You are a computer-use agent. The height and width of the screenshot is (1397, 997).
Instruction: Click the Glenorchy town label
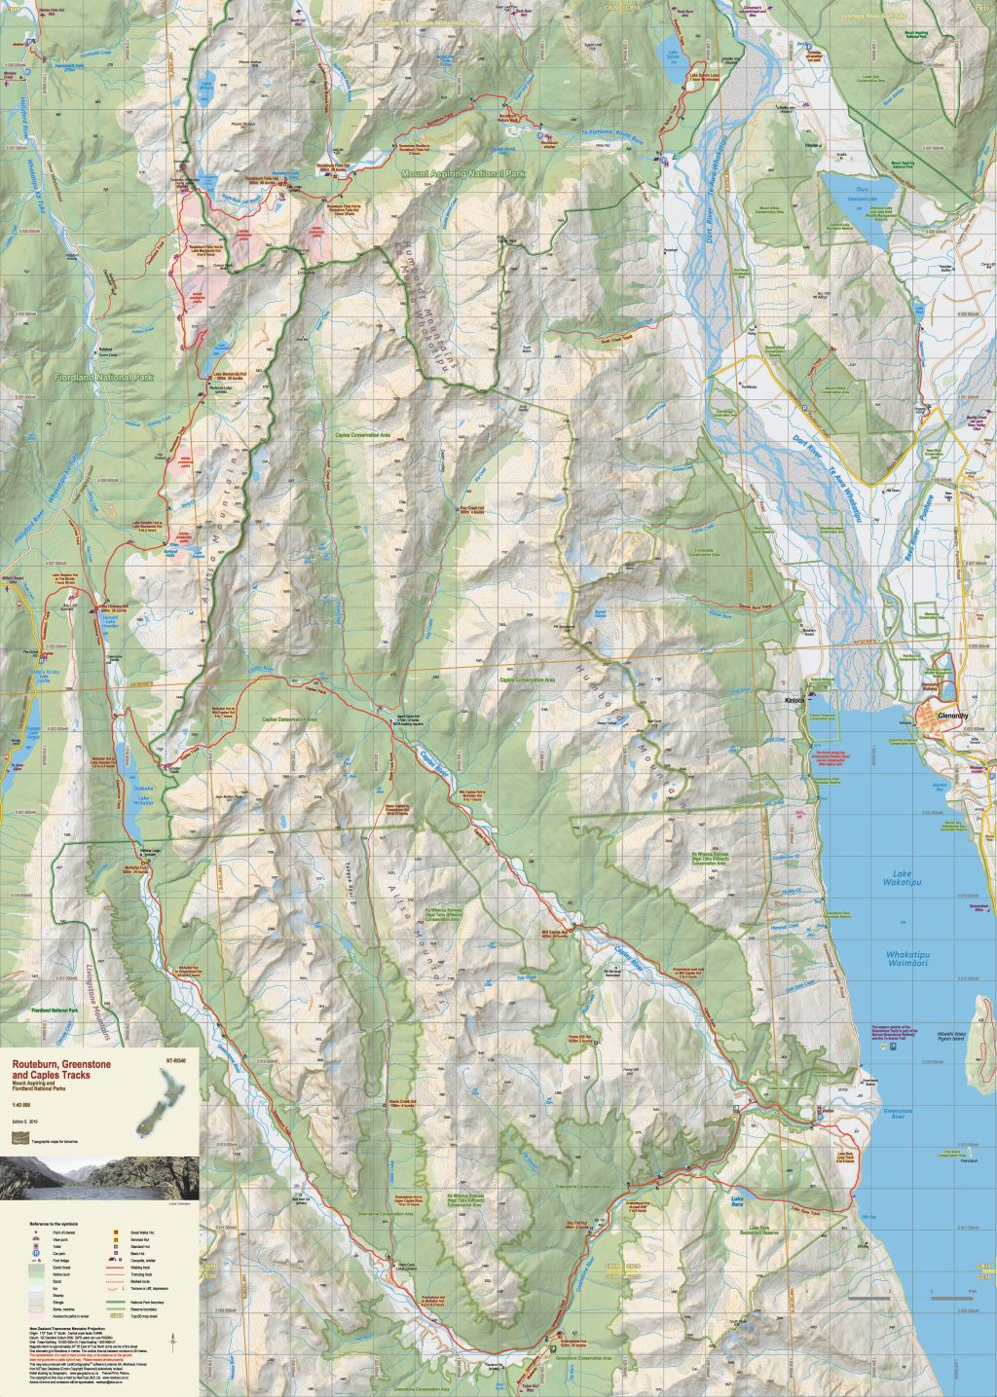click(951, 716)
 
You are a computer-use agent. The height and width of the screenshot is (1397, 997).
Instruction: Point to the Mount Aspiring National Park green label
click(463, 173)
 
